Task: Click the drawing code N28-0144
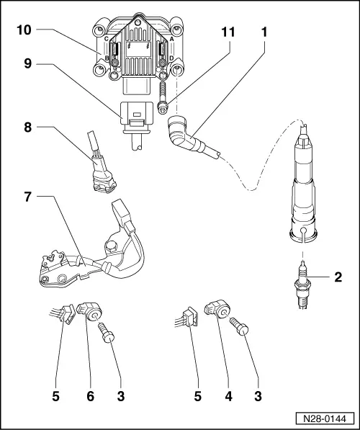[325, 418]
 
